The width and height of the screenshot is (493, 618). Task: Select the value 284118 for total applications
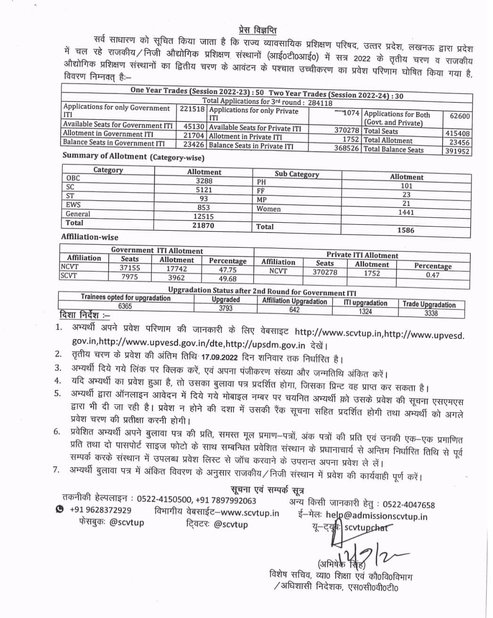pyautogui.click(x=321, y=103)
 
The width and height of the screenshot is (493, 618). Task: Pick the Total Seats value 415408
pyautogui.click(x=458, y=134)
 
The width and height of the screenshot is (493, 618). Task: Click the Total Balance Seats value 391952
pyautogui.click(x=458, y=152)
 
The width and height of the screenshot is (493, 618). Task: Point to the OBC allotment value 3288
pyautogui.click(x=204, y=181)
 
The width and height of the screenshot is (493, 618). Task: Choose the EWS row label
pyautogui.click(x=73, y=205)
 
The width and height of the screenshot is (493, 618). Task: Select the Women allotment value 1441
pyautogui.click(x=406, y=212)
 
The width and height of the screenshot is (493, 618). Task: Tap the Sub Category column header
pyautogui.click(x=297, y=174)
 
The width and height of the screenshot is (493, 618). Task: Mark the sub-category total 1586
pyautogui.click(x=406, y=230)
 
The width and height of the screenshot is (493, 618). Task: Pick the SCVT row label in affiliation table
pyautogui.click(x=69, y=276)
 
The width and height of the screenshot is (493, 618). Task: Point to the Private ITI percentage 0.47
pyautogui.click(x=433, y=275)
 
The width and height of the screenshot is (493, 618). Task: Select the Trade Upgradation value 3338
pyautogui.click(x=431, y=313)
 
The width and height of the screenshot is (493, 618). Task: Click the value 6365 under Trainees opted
pyautogui.click(x=125, y=307)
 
